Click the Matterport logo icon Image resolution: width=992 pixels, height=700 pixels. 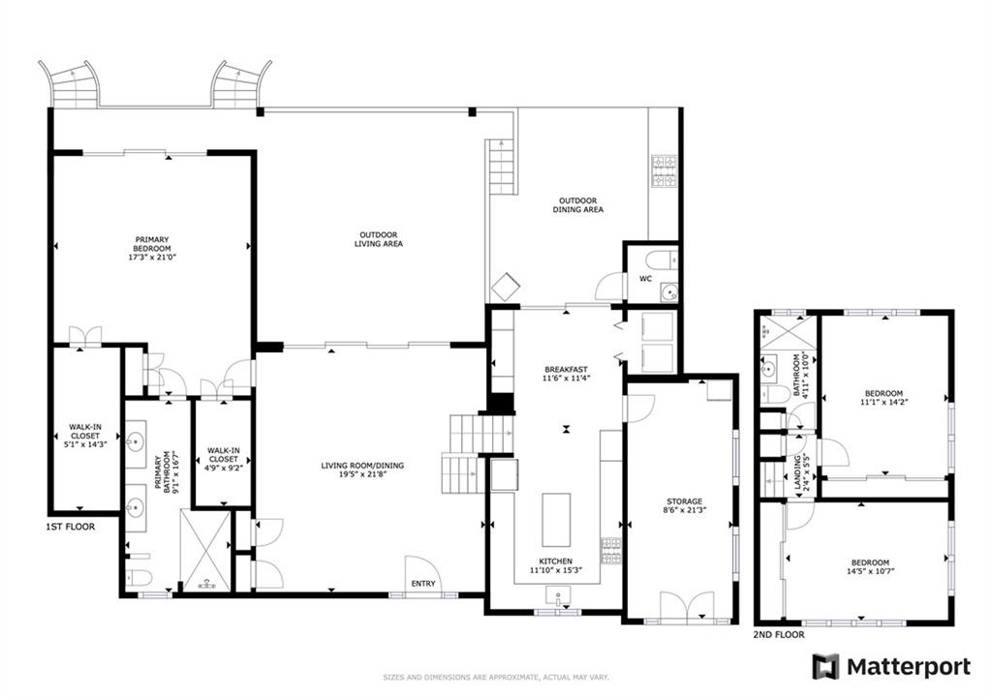825,666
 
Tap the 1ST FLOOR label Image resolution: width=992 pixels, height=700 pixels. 70,526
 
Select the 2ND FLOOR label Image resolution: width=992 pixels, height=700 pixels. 779,634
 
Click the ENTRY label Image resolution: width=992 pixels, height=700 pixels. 423,583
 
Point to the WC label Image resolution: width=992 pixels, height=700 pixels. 645,278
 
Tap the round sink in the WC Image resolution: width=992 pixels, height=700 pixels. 668,292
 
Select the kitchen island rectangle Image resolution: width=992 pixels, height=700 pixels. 556,520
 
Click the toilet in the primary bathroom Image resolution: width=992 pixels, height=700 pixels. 139,577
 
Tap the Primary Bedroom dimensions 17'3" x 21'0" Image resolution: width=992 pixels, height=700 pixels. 152,257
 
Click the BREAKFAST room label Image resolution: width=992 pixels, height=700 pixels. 566,369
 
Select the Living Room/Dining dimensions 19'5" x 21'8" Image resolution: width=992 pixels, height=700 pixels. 362,473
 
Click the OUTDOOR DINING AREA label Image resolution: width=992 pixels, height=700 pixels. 577,205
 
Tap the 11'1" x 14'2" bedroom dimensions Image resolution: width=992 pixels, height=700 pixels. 883,402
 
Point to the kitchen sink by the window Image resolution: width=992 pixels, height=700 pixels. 558,596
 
